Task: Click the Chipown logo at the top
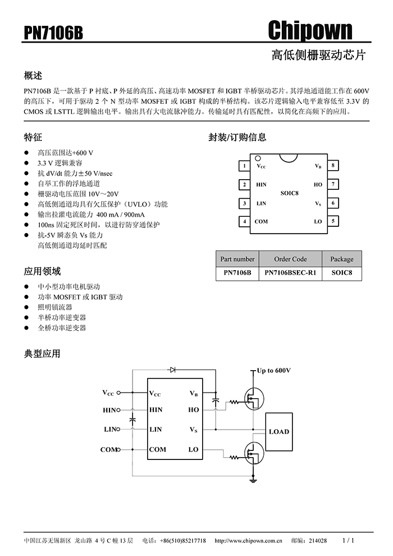310,30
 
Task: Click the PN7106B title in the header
53,33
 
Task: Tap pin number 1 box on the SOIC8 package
244,166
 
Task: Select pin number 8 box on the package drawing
333,165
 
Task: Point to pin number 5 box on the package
333,221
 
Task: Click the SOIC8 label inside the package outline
289,193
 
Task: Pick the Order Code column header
290,259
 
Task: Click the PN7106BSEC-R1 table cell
290,273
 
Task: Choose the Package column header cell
341,259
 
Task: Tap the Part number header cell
237,259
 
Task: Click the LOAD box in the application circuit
279,431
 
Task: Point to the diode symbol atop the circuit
172,370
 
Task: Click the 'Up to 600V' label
273,371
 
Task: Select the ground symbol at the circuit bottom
253,481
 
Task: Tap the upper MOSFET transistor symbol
254,399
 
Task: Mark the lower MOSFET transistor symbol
254,453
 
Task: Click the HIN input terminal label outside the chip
109,410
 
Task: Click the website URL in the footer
248,541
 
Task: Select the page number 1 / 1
348,540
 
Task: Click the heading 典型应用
42,353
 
